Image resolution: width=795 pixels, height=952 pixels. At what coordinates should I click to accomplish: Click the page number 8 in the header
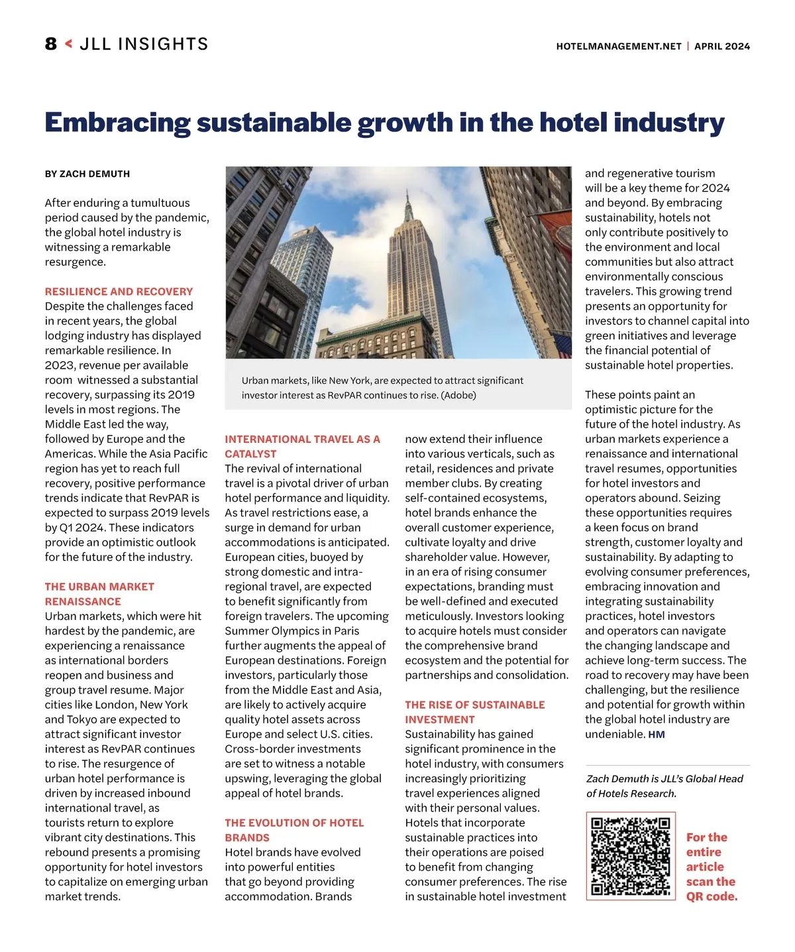(x=51, y=44)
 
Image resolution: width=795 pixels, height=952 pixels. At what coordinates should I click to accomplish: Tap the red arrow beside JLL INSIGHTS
(x=68, y=44)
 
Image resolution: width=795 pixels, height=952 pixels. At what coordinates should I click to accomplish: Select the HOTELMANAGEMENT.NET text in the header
(x=619, y=46)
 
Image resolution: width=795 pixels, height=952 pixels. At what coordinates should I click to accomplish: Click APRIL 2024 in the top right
(x=722, y=46)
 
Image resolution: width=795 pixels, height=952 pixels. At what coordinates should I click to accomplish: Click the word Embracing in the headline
(x=117, y=123)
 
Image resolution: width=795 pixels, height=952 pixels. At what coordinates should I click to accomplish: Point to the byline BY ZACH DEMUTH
(x=87, y=174)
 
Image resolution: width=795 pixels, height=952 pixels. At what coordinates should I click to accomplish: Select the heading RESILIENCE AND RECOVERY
(x=119, y=292)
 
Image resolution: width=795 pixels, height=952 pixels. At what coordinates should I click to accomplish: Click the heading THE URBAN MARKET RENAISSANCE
(x=99, y=594)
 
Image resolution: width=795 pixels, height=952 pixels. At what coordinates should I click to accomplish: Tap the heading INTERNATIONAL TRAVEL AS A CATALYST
(x=302, y=446)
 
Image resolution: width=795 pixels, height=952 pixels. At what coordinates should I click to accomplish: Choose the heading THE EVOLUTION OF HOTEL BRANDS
(x=294, y=830)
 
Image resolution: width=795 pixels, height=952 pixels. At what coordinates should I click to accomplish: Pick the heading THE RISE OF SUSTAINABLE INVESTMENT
(x=475, y=712)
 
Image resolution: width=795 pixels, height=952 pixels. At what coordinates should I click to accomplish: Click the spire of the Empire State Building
(x=409, y=199)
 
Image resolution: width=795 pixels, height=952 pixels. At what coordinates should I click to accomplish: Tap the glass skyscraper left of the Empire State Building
(x=301, y=265)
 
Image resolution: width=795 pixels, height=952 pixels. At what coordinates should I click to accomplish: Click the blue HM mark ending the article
(x=657, y=735)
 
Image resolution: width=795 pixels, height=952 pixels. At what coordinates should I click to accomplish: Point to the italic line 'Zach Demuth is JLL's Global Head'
(x=664, y=779)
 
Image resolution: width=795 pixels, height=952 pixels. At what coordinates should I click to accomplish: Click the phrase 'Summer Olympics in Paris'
(x=291, y=631)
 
